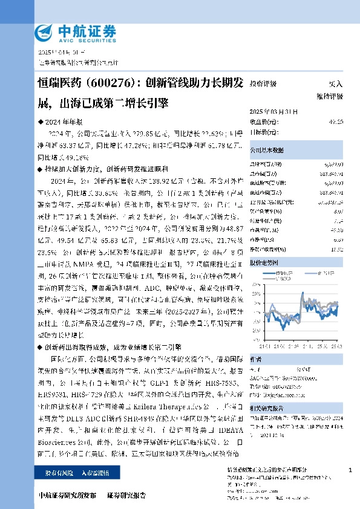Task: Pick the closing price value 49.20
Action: [x=336, y=122]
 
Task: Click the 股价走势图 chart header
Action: [x=264, y=264]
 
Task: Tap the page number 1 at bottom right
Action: [x=350, y=468]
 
